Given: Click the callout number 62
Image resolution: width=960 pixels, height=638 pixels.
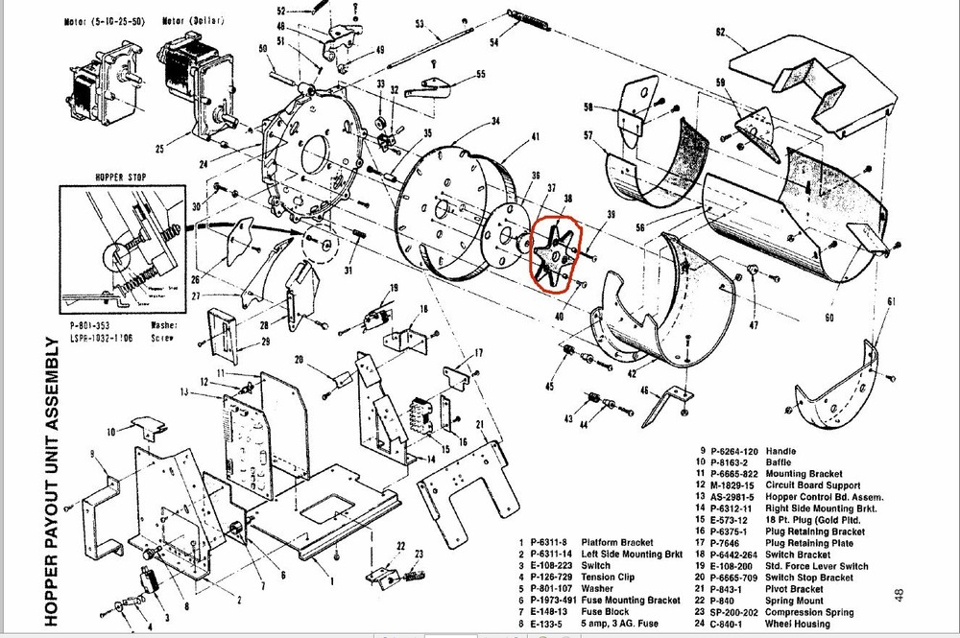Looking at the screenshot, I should tap(720, 33).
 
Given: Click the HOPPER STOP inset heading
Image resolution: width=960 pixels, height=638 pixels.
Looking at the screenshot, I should tap(119, 177).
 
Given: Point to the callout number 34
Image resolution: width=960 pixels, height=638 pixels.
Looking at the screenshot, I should tap(495, 122).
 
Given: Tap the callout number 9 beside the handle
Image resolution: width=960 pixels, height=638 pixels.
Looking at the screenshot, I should tap(91, 452).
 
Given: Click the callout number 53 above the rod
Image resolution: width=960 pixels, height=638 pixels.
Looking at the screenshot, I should tap(420, 23).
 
